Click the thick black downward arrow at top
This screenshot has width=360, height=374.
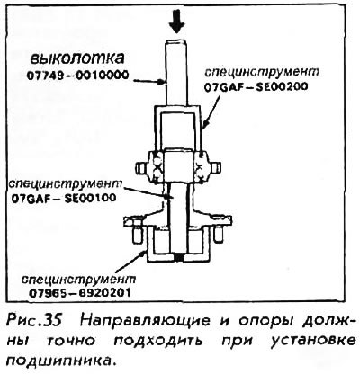point(177,22)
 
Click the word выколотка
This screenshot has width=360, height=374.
point(76,58)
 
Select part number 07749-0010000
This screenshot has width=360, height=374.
point(78,75)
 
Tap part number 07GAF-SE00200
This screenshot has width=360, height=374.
point(256,87)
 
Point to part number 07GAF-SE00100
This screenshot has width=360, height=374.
point(64,198)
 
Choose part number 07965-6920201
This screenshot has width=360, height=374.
point(80,292)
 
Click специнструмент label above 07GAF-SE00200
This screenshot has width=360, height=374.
point(261,72)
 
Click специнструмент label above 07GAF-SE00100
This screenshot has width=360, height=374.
point(66,183)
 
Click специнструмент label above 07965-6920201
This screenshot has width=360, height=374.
point(78,279)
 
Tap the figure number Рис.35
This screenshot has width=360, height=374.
point(34,321)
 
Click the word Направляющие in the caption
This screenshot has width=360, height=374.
point(145,321)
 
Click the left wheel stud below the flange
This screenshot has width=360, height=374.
point(135,235)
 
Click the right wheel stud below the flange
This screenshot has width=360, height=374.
point(219,235)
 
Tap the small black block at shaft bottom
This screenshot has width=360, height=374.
point(178,257)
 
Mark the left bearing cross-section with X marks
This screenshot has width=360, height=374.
point(157,166)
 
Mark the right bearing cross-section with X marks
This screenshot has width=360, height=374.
point(200,166)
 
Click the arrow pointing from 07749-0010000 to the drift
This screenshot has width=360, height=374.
point(150,80)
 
